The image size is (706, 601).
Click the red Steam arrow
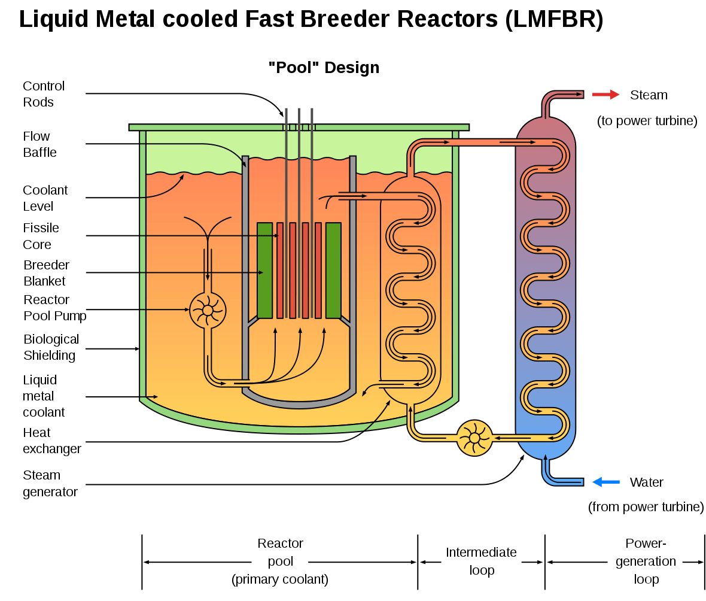point(605,95)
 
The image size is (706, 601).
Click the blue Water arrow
point(605,482)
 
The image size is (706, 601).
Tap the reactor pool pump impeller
point(208,310)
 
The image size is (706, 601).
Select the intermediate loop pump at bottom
point(474,438)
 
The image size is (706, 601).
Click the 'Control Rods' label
point(44,94)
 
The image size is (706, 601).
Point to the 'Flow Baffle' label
point(39,144)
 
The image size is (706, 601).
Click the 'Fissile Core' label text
point(41,236)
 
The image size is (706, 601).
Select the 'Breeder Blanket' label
point(46,273)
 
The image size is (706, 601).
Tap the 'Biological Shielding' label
point(51,347)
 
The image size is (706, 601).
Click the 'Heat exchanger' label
point(51,441)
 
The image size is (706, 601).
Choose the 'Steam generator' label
point(50,483)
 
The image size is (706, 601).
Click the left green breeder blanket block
point(264,270)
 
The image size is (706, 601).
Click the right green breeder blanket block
point(333,270)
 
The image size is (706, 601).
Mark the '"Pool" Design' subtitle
point(324,68)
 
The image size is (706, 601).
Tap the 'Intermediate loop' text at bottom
point(481,561)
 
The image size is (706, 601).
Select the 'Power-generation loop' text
point(646,561)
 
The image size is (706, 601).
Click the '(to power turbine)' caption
point(647,121)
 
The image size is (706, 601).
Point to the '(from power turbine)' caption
point(646,507)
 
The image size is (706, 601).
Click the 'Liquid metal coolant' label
point(44,396)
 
